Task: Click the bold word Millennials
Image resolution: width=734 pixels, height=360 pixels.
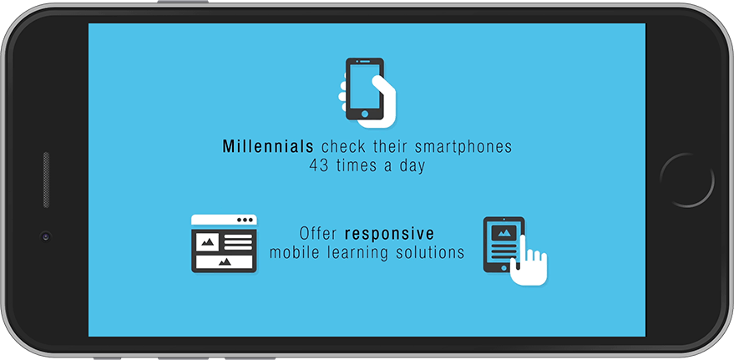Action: (x=268, y=146)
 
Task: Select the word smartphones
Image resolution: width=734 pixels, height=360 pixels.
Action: (x=463, y=147)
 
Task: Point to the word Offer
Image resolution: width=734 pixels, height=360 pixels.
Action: (x=318, y=233)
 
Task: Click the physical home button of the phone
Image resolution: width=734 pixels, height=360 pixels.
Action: (x=686, y=180)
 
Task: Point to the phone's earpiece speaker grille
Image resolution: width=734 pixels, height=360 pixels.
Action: (x=46, y=180)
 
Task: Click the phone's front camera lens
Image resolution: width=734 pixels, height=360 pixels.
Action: (x=45, y=236)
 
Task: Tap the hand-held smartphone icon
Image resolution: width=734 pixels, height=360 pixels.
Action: (x=367, y=93)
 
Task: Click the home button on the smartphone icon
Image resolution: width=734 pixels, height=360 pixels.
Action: (x=365, y=114)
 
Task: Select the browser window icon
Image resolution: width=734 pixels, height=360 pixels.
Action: (x=224, y=243)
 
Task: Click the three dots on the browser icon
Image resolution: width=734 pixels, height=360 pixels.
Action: (x=245, y=220)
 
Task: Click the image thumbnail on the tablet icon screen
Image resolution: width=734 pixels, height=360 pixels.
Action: (x=504, y=232)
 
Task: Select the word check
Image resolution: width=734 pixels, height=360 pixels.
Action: (x=343, y=147)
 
